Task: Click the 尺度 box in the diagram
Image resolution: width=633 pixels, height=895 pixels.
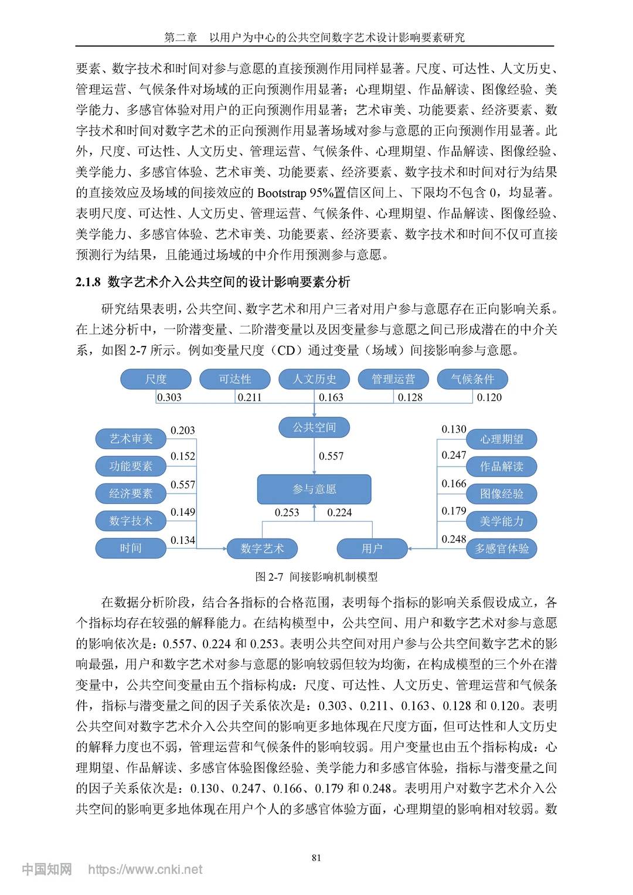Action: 156,379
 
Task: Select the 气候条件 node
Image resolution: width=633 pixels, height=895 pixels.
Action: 472,379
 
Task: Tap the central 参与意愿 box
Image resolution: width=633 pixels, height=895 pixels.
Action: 314,489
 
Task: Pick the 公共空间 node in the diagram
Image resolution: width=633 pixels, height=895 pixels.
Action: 314,427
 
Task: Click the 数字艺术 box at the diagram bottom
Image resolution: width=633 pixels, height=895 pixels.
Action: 262,549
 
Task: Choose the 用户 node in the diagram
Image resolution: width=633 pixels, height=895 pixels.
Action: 372,549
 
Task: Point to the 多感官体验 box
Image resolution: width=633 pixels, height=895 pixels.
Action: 502,549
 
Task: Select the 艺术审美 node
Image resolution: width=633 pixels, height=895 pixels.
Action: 131,438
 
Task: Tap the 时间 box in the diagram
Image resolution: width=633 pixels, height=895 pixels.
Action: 131,549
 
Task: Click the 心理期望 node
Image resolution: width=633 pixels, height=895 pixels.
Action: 502,439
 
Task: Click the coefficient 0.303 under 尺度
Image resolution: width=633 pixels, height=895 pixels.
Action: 169,397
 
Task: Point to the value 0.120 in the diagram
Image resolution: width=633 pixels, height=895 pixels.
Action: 489,397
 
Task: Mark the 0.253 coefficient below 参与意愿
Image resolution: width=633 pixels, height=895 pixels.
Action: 287,513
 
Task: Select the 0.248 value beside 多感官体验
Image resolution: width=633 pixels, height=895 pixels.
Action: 454,539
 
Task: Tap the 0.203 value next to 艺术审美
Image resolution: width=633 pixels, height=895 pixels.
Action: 183,431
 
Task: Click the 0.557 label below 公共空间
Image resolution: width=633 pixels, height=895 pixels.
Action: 331,457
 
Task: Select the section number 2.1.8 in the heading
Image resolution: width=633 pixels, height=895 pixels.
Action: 89,283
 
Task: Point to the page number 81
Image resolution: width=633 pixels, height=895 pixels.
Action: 316,858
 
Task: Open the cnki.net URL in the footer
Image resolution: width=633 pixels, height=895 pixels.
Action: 145,870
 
